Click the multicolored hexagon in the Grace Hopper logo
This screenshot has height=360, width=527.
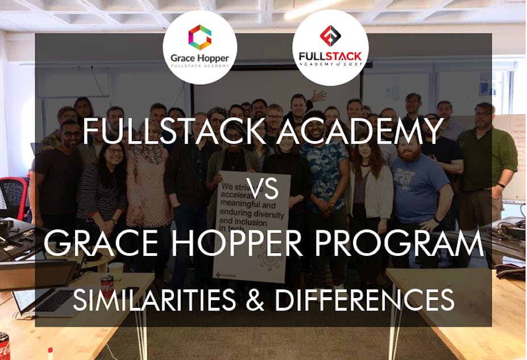coord(200,37)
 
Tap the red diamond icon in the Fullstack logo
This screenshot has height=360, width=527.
coord(330,36)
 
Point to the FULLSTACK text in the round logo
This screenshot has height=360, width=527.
coord(330,57)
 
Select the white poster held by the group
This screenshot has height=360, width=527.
coord(252,225)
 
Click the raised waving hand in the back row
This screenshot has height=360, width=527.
coord(318,95)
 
